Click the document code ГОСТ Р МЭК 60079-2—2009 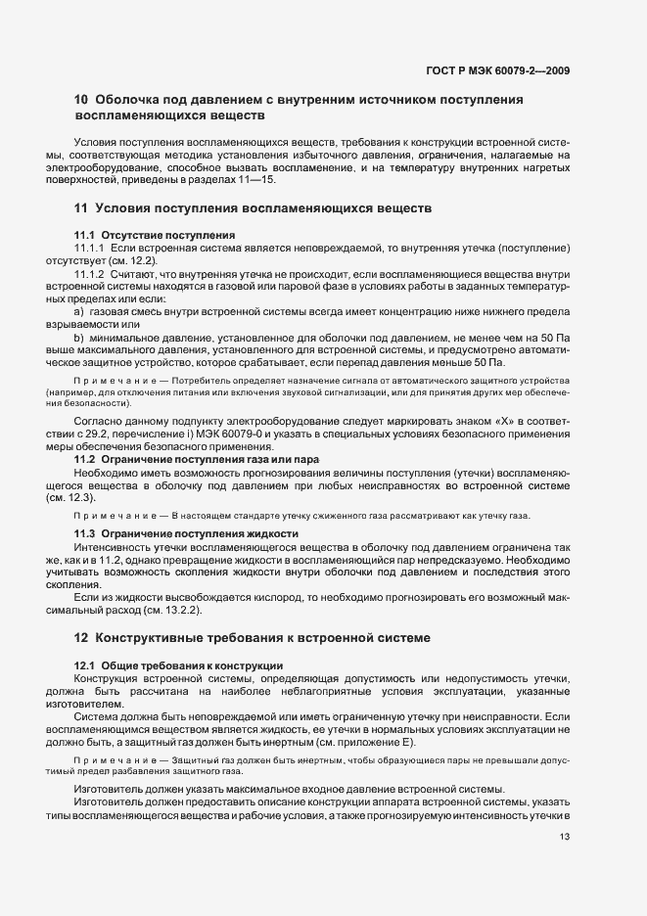(499, 70)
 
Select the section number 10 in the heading (82, 100)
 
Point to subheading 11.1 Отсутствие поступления (154, 235)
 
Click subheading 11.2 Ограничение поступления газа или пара (197, 459)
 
